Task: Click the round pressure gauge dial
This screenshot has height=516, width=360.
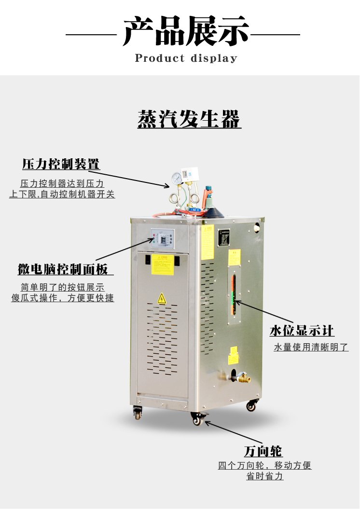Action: click(x=177, y=179)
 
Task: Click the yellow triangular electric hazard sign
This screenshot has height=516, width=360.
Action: click(x=162, y=298)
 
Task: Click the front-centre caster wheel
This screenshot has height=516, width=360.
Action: click(x=197, y=419)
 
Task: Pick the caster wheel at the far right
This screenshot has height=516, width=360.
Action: click(x=250, y=406)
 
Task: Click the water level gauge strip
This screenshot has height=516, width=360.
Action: click(x=233, y=294)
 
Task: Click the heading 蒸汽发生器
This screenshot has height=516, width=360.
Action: click(x=189, y=119)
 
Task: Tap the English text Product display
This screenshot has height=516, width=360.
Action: click(x=186, y=58)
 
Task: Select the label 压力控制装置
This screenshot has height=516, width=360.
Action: click(x=61, y=164)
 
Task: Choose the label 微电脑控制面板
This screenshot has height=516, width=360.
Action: click(x=63, y=269)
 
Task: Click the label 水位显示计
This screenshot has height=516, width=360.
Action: click(x=302, y=331)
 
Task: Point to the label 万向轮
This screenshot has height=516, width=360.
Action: click(x=263, y=451)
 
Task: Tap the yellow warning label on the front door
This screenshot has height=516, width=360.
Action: click(x=163, y=265)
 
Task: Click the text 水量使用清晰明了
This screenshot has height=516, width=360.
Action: click(x=311, y=347)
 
